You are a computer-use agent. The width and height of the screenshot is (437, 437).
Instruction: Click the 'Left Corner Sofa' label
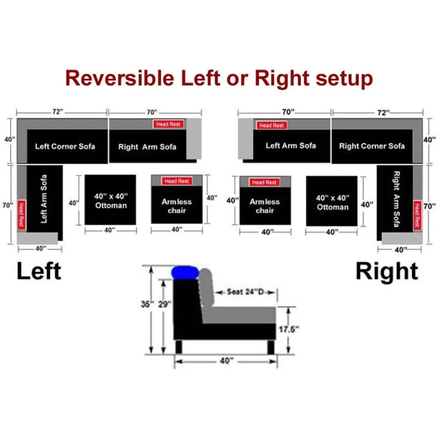pos(65,146)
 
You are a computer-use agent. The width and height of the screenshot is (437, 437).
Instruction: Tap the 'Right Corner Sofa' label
pos(372,146)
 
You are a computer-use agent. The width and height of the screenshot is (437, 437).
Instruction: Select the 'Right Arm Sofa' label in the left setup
pos(147,146)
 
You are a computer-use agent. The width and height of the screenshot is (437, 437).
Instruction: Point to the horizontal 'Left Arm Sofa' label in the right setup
pos(291,146)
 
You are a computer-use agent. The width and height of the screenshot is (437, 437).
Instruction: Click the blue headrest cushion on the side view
pos(185,273)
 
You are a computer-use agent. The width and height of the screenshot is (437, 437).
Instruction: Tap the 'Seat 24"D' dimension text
pos(245,292)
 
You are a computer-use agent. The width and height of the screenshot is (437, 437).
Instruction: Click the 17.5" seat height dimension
pos(289,329)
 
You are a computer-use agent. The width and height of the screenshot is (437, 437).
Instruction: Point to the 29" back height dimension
pos(164,304)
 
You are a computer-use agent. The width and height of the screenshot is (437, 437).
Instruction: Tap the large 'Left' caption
pos(39,271)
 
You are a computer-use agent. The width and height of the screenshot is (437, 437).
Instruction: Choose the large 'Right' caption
pos(387,271)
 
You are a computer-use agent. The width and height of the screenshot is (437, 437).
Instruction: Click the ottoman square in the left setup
pos(111,200)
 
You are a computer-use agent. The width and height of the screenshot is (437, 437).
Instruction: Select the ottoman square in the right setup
pos(332,201)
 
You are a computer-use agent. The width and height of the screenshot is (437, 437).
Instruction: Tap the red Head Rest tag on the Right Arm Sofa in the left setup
pos(168,124)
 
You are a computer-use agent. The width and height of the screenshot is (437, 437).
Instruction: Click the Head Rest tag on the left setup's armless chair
pos(177,181)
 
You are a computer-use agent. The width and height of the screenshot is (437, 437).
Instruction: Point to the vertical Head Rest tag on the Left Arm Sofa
pos(21,215)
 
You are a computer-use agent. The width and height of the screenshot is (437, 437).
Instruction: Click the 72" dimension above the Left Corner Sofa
pos(58,112)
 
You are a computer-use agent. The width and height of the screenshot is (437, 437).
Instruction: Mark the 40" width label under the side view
pos(225,361)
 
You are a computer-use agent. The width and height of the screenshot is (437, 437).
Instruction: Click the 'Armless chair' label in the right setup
pos(265,206)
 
